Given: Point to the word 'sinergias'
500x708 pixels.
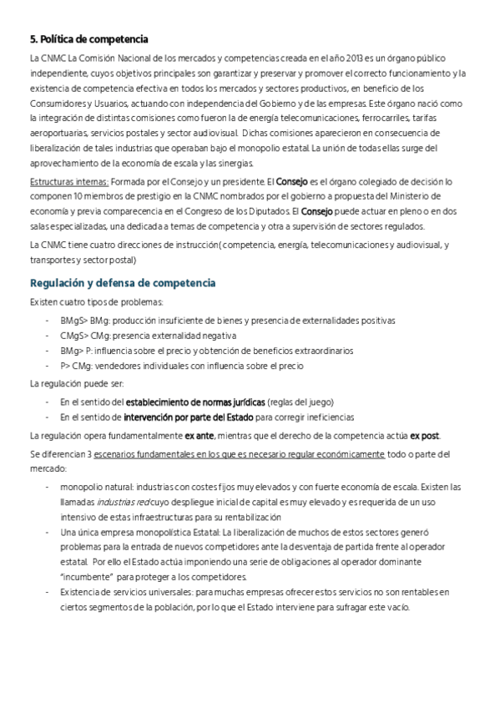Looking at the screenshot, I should click(247, 163).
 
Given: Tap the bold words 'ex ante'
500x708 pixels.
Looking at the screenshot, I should click(199, 436).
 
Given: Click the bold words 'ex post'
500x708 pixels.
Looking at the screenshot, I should click(425, 436).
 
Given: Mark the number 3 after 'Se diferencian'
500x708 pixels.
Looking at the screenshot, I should click(89, 454).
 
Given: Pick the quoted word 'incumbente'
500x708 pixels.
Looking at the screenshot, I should click(87, 577).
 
